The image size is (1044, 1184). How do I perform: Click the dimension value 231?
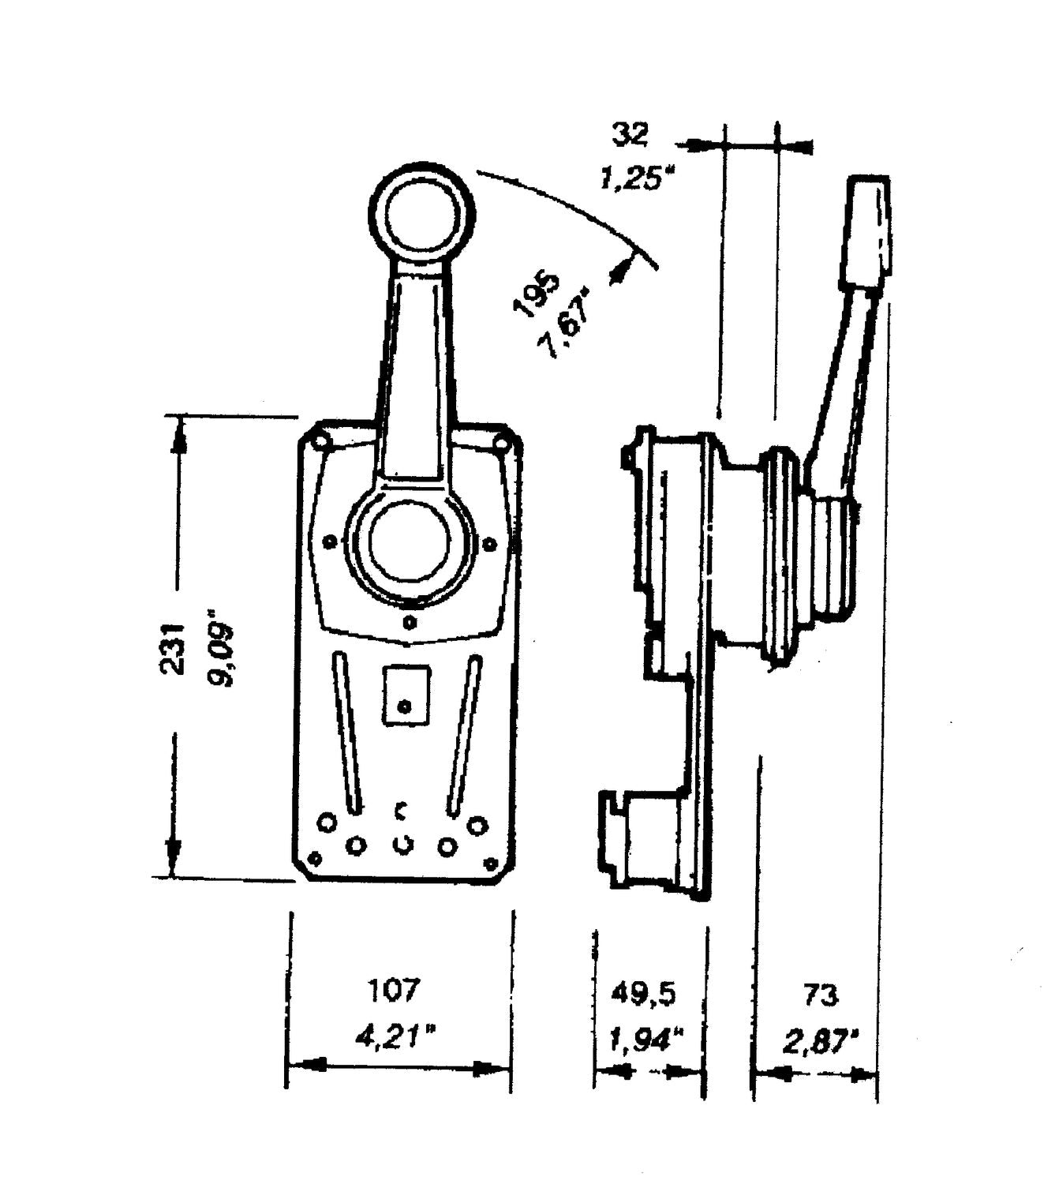point(173,650)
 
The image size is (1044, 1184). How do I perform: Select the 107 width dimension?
point(395,990)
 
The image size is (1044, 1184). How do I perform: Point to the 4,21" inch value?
point(395,1038)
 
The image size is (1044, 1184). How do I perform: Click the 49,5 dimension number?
point(643,994)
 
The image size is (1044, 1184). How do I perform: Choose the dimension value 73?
point(820,995)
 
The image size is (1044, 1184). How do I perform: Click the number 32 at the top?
point(630,135)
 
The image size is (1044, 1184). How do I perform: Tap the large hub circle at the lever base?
point(410,546)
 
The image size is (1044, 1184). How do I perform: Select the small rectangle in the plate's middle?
point(406,696)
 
